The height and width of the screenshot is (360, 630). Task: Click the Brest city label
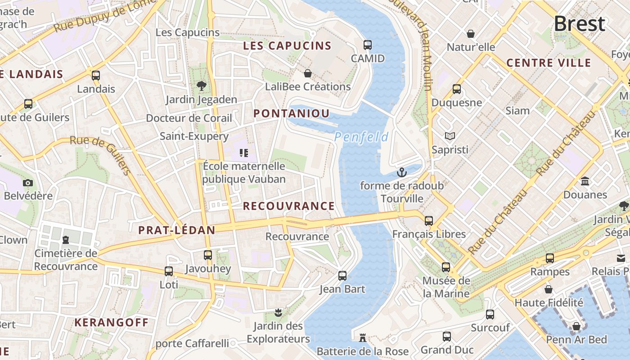[579, 24]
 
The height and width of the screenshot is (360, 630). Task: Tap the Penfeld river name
[361, 137]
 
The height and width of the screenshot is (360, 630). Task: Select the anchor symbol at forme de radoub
[401, 172]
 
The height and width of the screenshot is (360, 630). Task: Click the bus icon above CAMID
[368, 45]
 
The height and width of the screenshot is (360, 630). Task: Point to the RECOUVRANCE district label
[289, 206]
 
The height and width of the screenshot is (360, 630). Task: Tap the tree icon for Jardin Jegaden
[201, 85]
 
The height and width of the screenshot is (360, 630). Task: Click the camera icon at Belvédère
[28, 183]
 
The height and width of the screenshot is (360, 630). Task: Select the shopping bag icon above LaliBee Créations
[308, 73]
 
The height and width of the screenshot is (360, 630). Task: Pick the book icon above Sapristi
[450, 136]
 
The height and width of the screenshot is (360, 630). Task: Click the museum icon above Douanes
[585, 181]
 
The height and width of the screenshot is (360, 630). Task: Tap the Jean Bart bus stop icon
[342, 275]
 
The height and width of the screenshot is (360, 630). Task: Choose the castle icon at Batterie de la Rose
[362, 337]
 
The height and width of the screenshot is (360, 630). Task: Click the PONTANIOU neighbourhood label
[292, 113]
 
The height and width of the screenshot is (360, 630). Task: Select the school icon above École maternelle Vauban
[244, 153]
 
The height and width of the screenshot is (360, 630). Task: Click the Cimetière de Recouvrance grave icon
[66, 239]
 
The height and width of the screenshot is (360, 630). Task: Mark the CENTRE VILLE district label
[549, 63]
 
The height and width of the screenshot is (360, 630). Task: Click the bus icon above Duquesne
[456, 89]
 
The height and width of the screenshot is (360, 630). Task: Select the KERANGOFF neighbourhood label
[111, 323]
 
